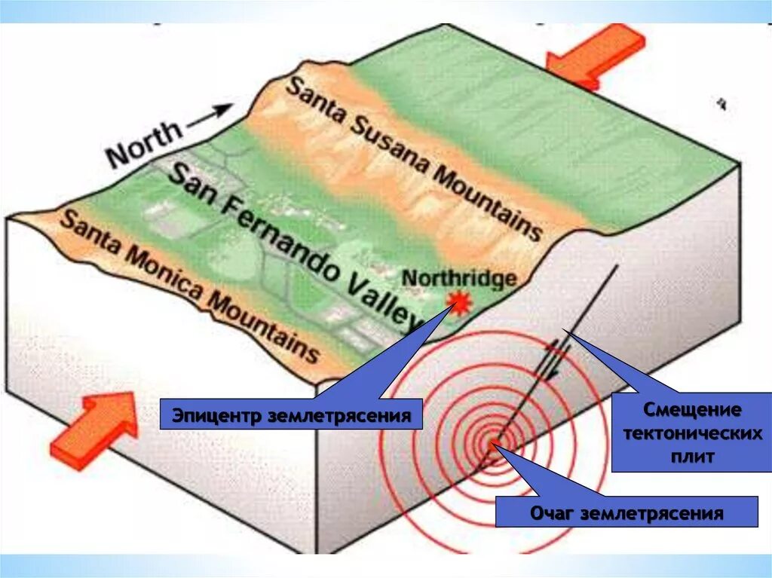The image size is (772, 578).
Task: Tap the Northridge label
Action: [x=459, y=277]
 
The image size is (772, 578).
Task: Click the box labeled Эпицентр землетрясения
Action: [x=290, y=415]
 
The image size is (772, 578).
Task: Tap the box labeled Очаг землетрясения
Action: [x=626, y=513]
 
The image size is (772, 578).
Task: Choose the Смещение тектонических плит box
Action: [x=691, y=433]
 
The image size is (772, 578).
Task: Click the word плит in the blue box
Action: [x=691, y=456]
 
